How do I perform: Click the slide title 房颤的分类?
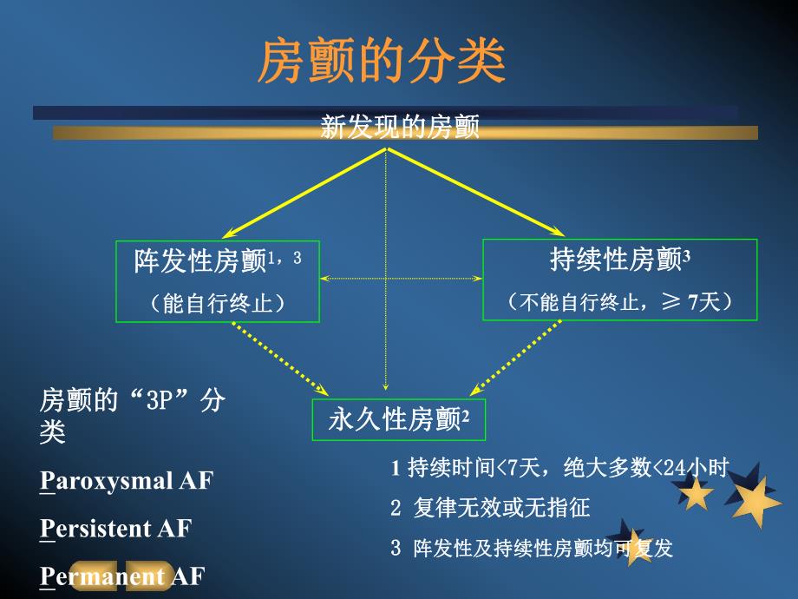click(382, 61)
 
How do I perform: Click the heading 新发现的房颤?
click(400, 128)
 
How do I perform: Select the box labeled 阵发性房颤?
click(218, 280)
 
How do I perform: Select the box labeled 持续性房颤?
click(619, 280)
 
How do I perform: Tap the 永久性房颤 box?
click(398, 420)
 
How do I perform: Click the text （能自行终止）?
click(218, 302)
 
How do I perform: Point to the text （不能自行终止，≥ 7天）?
click(620, 301)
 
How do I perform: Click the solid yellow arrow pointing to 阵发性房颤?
click(304, 193)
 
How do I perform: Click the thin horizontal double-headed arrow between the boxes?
click(401, 279)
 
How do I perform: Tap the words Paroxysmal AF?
click(127, 481)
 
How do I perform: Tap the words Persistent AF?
click(116, 529)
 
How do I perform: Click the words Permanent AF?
click(121, 576)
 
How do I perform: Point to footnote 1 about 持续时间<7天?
click(559, 468)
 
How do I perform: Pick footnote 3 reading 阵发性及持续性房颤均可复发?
click(532, 548)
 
